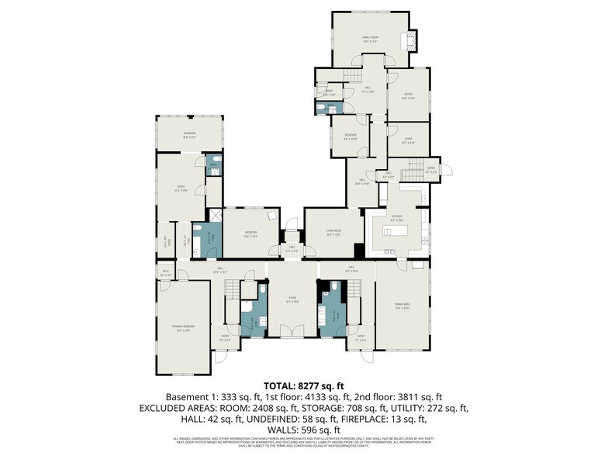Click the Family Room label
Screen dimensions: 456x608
point(369,38)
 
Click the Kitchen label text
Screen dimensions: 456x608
point(396,217)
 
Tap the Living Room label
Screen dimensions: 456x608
point(333,233)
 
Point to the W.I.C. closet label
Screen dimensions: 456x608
point(165,272)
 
